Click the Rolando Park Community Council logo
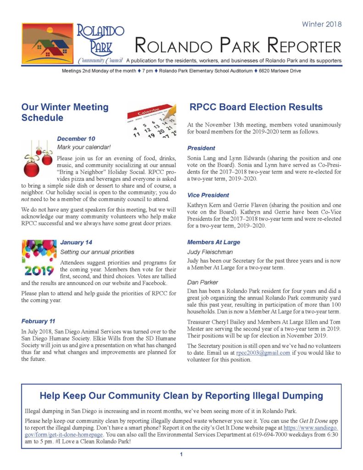(x=73, y=44)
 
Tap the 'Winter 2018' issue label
(x=321, y=24)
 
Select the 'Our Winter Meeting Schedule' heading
(x=65, y=112)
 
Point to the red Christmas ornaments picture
(x=38, y=160)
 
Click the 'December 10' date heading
(x=76, y=139)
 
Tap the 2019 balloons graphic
(x=39, y=258)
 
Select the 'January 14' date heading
(x=76, y=242)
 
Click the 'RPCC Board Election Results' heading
(x=256, y=107)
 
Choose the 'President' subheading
(x=201, y=148)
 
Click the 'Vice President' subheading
(x=208, y=195)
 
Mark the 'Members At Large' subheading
(x=213, y=242)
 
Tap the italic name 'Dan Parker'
(x=202, y=282)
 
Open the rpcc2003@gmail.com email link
(x=263, y=353)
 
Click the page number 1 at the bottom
(x=182, y=454)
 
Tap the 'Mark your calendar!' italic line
(x=84, y=147)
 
